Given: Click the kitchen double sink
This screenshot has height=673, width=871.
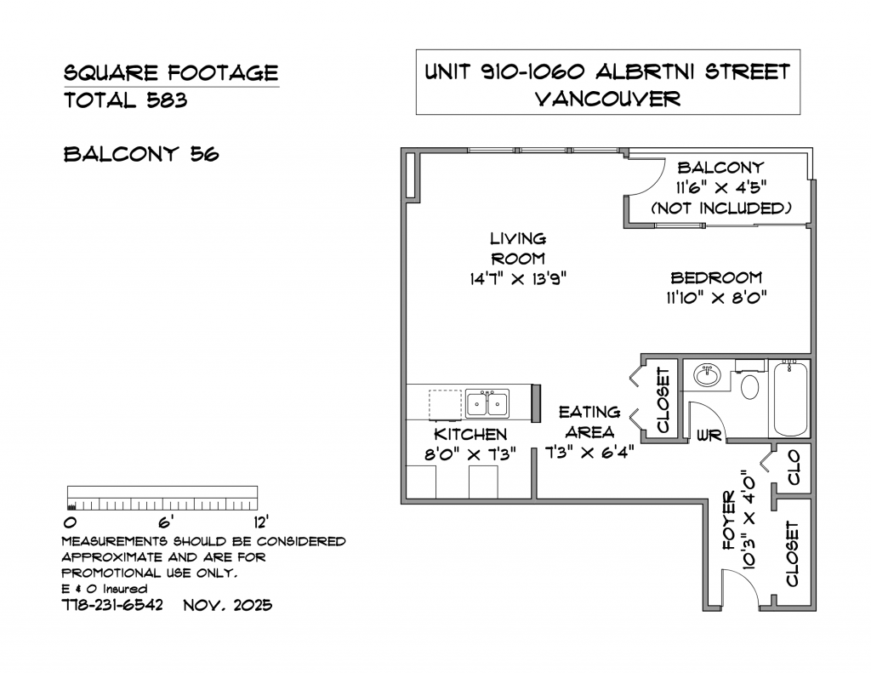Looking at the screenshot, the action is pos(487,403).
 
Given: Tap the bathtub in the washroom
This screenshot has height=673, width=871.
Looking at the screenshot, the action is pos(788,398).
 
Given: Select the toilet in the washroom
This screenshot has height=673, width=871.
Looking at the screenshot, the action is pos(750,383).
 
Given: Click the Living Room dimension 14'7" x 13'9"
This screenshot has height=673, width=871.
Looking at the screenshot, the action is pos(518,278).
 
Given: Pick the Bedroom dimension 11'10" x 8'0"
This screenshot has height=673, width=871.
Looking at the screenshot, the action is pos(716,298).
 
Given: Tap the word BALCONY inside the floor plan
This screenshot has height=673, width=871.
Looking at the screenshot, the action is pos(720,168).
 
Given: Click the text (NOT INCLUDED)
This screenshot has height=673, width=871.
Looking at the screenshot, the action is pos(721,208).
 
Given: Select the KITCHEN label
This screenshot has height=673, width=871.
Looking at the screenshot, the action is pos(470,434).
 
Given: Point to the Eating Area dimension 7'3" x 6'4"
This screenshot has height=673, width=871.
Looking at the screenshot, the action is pos(589,453).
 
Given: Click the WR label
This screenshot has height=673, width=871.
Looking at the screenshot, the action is pos(709,435).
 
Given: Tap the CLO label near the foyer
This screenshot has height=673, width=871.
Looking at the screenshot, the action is pos(794,467).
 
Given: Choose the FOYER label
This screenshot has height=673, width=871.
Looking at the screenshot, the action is pos(729,521).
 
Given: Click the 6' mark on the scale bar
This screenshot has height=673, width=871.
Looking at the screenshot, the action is pos(166,523).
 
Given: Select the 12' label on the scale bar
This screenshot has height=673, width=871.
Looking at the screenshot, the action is pos(261,523).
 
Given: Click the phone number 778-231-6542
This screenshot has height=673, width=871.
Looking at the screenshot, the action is pos(112,605).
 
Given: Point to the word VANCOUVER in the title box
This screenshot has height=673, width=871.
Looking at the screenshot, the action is pos(607,99).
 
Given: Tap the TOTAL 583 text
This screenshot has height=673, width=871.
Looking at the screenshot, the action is pos(126,100).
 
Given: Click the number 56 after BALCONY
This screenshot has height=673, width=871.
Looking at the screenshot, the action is pos(205,154).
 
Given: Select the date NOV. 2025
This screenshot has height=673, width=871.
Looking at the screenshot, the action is pos(228,605).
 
